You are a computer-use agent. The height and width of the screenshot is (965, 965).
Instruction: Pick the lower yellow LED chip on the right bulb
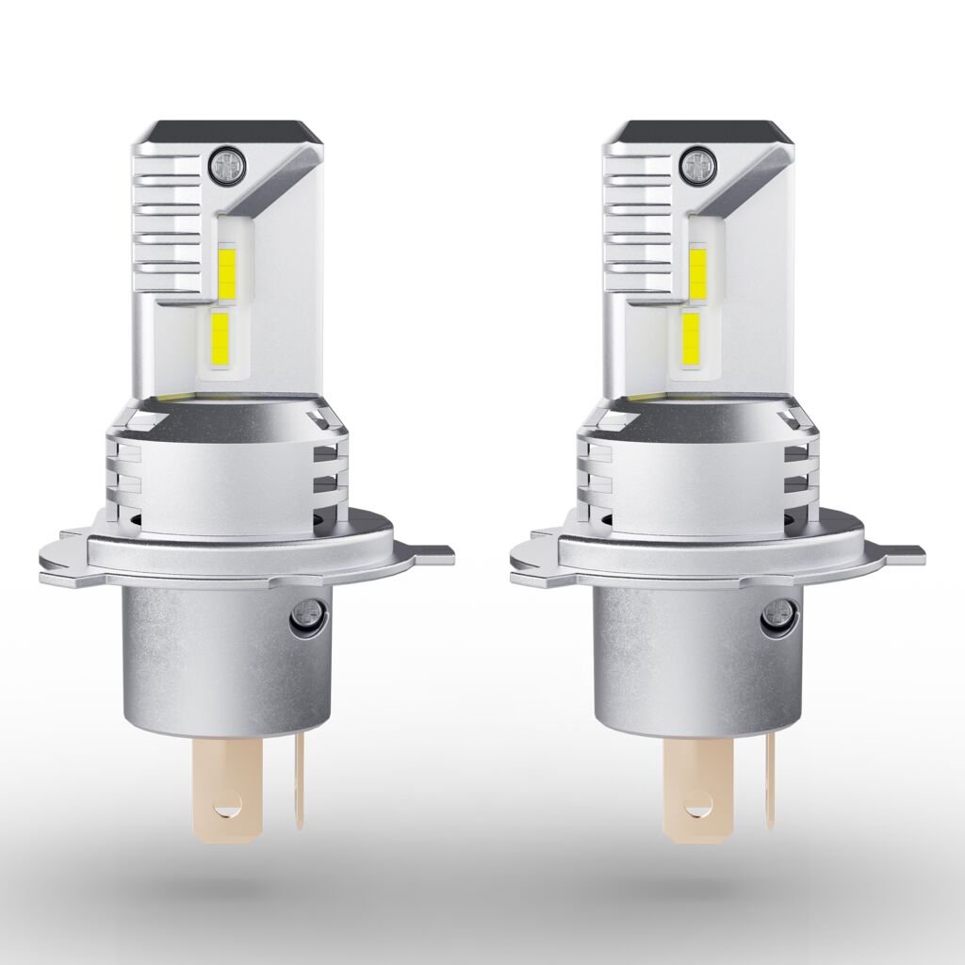click(691, 336)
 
